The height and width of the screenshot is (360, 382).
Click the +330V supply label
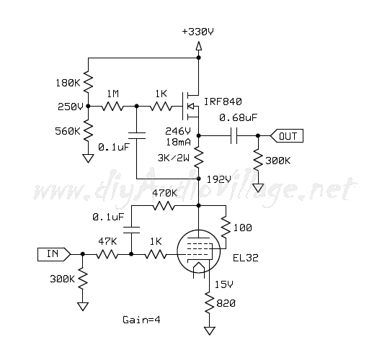click(x=197, y=32)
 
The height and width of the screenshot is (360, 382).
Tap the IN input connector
click(x=54, y=254)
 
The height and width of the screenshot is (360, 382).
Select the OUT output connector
click(x=287, y=135)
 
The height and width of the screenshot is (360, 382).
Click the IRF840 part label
click(x=223, y=102)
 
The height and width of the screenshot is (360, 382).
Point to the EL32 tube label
click(x=246, y=258)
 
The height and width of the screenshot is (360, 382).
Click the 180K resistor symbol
click(x=88, y=81)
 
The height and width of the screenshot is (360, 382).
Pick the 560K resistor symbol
click(x=88, y=131)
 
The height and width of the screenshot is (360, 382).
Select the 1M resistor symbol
click(x=112, y=107)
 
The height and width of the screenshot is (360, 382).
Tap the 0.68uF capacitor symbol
click(x=234, y=135)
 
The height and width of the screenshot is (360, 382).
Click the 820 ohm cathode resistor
click(x=209, y=303)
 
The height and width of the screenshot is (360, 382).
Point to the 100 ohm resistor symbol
click(x=226, y=227)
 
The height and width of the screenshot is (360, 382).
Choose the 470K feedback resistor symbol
click(x=164, y=206)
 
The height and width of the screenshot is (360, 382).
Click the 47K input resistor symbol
click(x=107, y=255)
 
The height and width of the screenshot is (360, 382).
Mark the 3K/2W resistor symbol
click(x=198, y=157)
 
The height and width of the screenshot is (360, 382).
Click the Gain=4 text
click(x=141, y=320)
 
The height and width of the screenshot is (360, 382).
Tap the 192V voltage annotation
click(x=218, y=179)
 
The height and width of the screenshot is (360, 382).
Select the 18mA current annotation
click(x=178, y=142)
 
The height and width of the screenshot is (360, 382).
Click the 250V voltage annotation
click(x=71, y=107)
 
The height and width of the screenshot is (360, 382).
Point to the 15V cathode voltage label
click(x=223, y=284)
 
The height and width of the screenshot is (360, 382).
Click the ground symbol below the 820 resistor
click(x=210, y=330)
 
